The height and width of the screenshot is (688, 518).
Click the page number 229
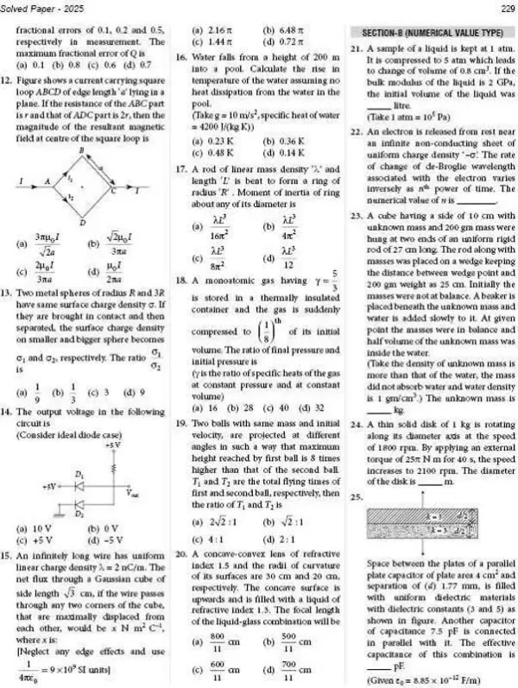pyautogui.click(x=502, y=10)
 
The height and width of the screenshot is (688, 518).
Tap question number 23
pyautogui.click(x=357, y=212)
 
